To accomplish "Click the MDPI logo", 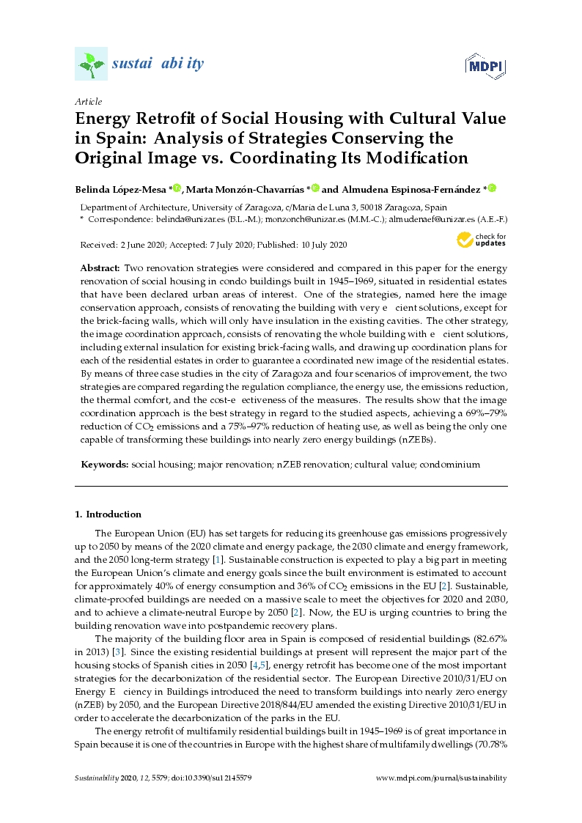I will point(485,67).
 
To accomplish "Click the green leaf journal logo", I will point(91,64).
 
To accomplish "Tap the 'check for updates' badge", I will point(481,240).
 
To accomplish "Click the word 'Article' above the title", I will point(89,101).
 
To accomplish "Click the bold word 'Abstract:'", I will point(100,268).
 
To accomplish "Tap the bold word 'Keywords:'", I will point(105,464).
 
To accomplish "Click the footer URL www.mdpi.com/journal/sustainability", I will point(441,778).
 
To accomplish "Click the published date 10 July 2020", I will point(320,245).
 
